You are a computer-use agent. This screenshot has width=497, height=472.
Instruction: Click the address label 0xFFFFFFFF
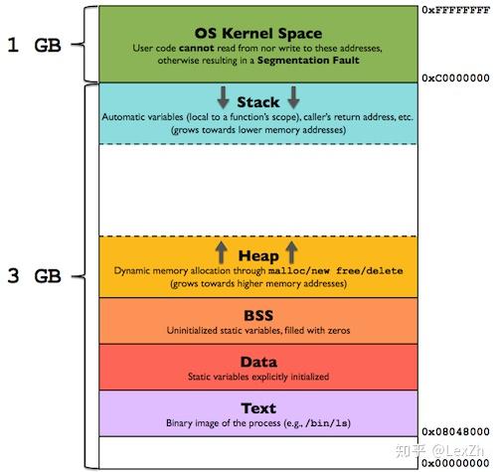[456, 10]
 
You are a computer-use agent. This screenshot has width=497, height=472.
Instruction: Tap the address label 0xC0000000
[455, 78]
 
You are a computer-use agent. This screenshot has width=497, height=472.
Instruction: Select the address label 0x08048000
[455, 431]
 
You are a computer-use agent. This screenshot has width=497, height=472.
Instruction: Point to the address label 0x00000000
[455, 463]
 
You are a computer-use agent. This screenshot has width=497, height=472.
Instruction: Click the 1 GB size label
[34, 45]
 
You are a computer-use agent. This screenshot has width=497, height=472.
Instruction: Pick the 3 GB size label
[34, 276]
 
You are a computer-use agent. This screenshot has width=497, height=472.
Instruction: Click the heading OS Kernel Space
[258, 33]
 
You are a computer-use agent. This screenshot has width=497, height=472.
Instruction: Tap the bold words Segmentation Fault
[308, 61]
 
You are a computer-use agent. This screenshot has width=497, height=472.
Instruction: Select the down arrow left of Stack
[223, 97]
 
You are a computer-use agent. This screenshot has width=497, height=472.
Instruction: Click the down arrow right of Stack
[293, 97]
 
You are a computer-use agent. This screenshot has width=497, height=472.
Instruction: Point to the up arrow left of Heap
[222, 252]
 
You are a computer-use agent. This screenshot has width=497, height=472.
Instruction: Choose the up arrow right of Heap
[291, 252]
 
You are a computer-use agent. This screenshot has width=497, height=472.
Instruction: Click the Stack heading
[258, 102]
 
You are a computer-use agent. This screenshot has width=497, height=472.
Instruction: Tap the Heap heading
[258, 256]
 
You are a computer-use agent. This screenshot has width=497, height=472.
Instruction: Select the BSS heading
[258, 315]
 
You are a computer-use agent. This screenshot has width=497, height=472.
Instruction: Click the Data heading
[258, 362]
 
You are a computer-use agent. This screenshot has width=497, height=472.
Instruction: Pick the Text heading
[258, 408]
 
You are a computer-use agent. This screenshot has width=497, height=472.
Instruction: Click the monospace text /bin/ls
[327, 423]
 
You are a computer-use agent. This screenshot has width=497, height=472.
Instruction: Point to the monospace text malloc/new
[299, 271]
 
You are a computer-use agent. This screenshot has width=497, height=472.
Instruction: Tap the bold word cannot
[197, 49]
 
